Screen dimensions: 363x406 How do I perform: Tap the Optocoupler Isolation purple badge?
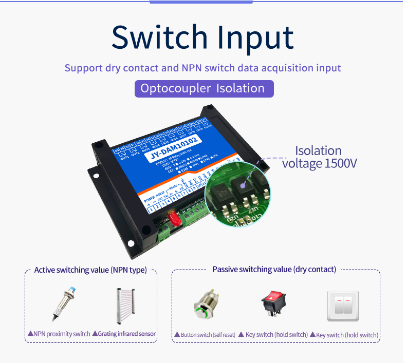click(204, 88)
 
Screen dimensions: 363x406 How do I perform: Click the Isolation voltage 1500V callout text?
click(319, 157)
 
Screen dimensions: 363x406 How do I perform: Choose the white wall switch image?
click(343, 306)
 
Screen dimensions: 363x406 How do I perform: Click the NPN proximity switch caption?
click(59, 334)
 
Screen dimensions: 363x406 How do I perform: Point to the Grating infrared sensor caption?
click(124, 334)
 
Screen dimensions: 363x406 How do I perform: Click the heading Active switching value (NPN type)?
click(90, 270)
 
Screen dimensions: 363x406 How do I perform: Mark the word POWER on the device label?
click(149, 199)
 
